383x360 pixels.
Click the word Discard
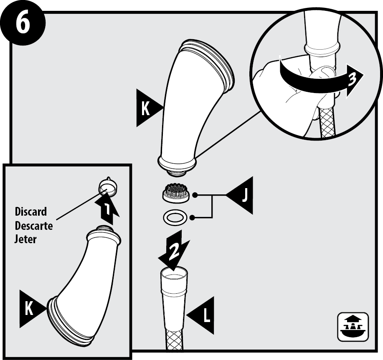(x=31, y=211)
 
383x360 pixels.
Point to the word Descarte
(x=34, y=226)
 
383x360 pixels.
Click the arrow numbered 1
(x=107, y=209)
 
